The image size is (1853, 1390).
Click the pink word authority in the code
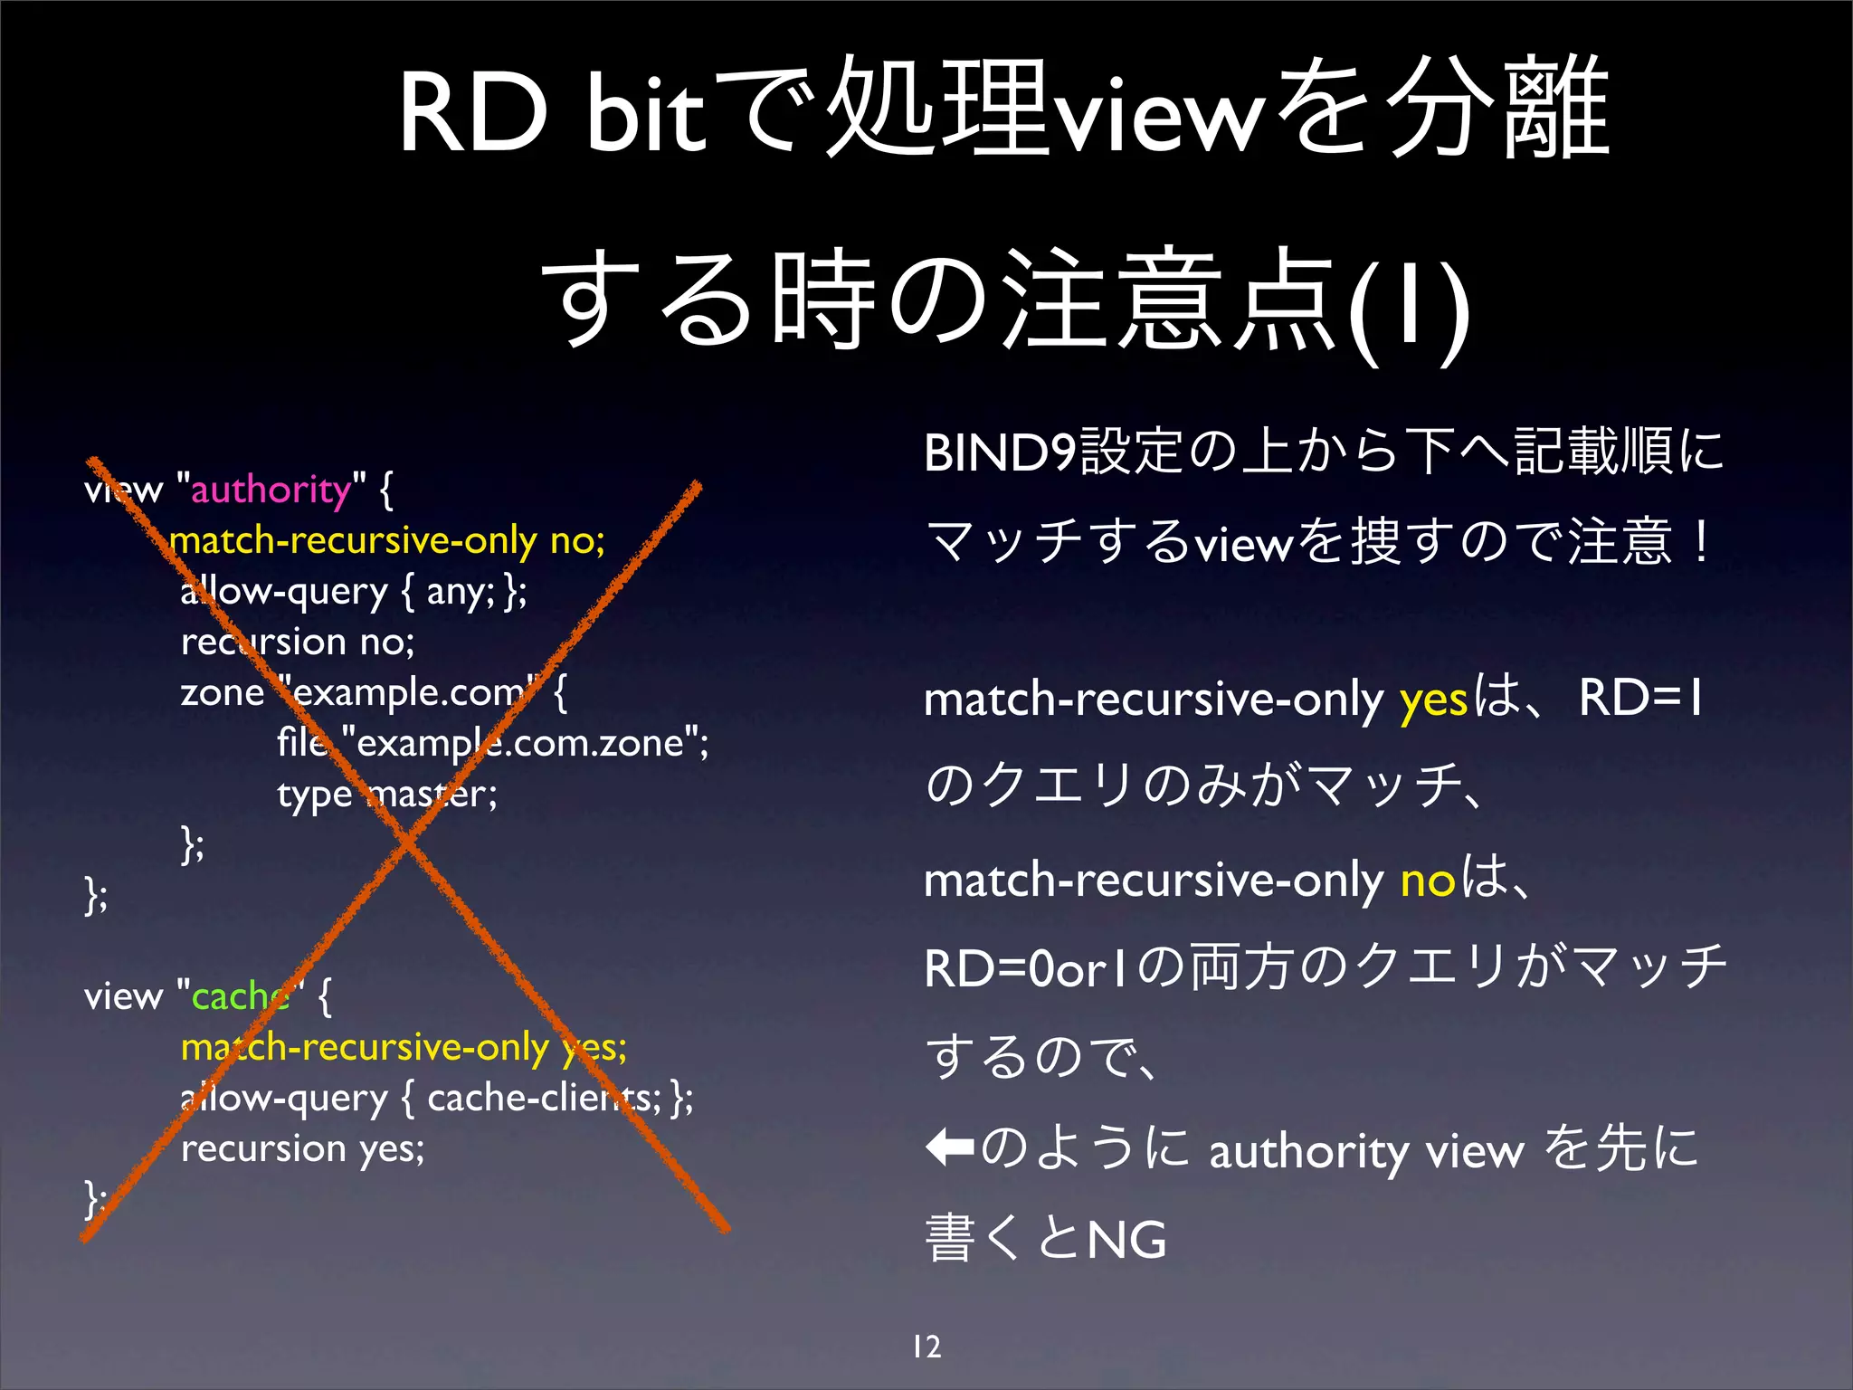tap(271, 490)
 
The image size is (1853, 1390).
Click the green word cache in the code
tap(241, 996)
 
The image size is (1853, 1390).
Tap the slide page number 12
tap(926, 1347)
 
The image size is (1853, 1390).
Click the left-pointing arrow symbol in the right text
tap(950, 1149)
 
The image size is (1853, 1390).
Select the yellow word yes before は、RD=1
tap(1433, 700)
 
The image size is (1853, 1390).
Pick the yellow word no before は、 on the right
tap(1428, 880)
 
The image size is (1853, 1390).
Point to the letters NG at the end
tap(1126, 1240)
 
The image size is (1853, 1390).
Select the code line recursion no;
tap(298, 642)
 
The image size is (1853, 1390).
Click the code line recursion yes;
tap(303, 1148)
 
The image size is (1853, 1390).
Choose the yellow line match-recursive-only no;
tap(387, 540)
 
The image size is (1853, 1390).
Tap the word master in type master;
tap(432, 795)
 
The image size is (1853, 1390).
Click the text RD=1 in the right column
tap(1640, 698)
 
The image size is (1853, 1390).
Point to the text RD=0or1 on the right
tap(1025, 969)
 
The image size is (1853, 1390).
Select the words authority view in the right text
tap(1366, 1151)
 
